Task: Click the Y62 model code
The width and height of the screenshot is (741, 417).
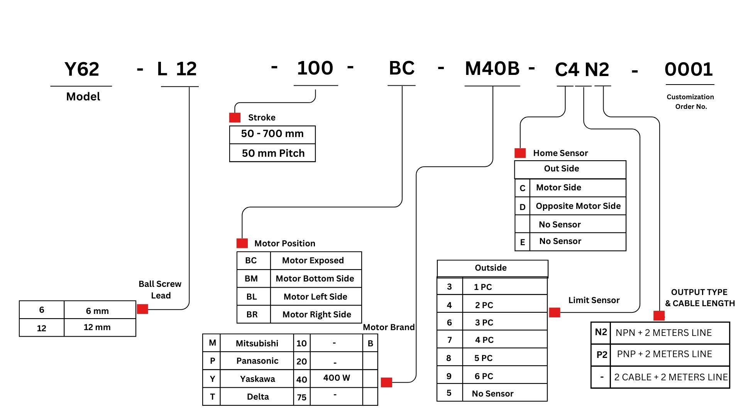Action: pyautogui.click(x=82, y=69)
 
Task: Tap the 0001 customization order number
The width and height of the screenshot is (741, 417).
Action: pyautogui.click(x=689, y=69)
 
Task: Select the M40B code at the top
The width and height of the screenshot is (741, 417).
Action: pyautogui.click(x=492, y=69)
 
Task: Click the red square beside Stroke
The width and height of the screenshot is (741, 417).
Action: pyautogui.click(x=235, y=117)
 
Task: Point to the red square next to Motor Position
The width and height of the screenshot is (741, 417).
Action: pyautogui.click(x=242, y=243)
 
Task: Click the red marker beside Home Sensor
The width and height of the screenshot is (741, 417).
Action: pyautogui.click(x=520, y=153)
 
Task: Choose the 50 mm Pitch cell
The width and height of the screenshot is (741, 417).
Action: pyautogui.click(x=273, y=153)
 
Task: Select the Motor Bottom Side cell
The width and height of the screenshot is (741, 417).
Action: pyautogui.click(x=315, y=278)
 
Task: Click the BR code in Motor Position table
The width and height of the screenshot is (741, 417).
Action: pyautogui.click(x=252, y=314)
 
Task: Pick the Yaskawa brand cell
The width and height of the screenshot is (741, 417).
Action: pyautogui.click(x=257, y=379)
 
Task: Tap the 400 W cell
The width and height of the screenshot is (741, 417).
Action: pyautogui.click(x=337, y=378)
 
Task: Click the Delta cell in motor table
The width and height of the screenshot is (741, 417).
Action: pyautogui.click(x=257, y=397)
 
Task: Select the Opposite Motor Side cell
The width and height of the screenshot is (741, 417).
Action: pyautogui.click(x=578, y=206)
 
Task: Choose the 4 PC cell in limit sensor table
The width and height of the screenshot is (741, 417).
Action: pyautogui.click(x=484, y=340)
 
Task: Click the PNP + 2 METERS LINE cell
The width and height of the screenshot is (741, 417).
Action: pyautogui.click(x=664, y=354)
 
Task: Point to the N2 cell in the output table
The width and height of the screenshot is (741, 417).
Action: pyautogui.click(x=601, y=332)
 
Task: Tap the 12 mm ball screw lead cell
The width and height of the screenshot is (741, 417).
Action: pyautogui.click(x=97, y=327)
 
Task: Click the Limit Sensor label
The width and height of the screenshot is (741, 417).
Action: pyautogui.click(x=594, y=300)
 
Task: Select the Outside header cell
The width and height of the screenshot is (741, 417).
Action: pyautogui.click(x=491, y=268)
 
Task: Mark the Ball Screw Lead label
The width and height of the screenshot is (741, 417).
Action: pyautogui.click(x=160, y=290)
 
